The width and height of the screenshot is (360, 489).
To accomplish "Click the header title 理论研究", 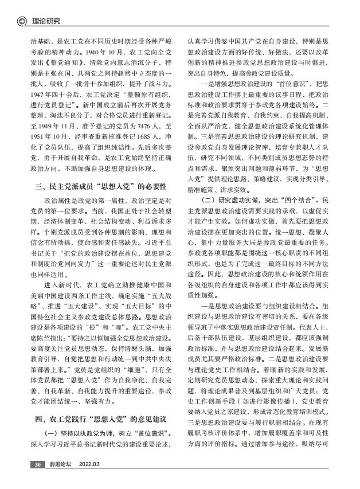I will coord(46,22).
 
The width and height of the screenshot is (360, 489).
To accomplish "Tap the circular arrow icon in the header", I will coord(23,22).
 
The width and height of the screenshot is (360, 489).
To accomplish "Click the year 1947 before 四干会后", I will coord(38,108).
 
